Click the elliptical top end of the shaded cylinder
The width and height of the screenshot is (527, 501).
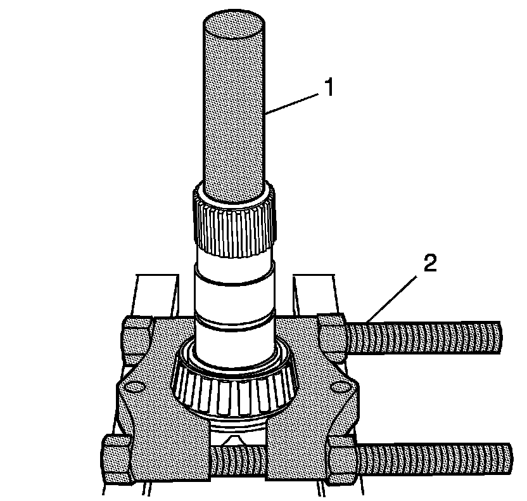pyautogui.click(x=234, y=28)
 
